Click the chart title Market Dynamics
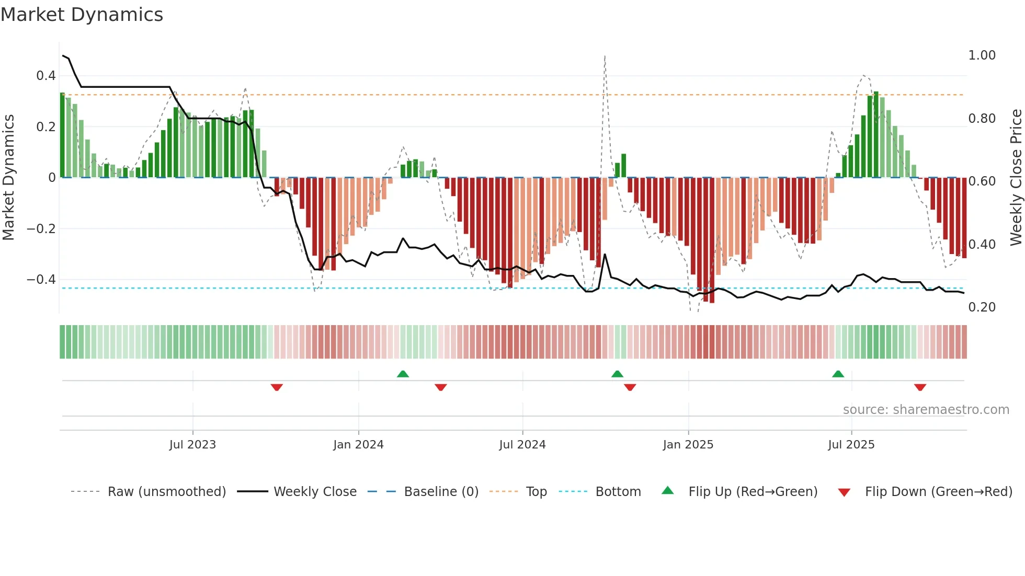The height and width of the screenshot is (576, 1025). (82, 15)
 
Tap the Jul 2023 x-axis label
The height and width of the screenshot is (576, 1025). (192, 445)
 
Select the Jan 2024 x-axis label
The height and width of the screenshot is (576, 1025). (358, 445)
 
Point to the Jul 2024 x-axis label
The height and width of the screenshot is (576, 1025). (522, 445)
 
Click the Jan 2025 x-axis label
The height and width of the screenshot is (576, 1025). (688, 445)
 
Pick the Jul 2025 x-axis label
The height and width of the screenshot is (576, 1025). (851, 445)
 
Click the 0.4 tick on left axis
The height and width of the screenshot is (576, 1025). (45, 76)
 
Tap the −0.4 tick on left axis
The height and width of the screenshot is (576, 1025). (41, 280)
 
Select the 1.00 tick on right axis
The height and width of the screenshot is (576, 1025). (982, 55)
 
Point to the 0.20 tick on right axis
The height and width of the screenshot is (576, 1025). (982, 307)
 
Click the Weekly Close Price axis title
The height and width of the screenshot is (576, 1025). (1016, 177)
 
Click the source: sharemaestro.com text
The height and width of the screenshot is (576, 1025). (926, 410)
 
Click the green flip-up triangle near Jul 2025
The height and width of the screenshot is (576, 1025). (838, 374)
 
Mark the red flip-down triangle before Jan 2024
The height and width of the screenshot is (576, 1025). (277, 387)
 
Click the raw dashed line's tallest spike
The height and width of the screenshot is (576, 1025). (605, 56)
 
